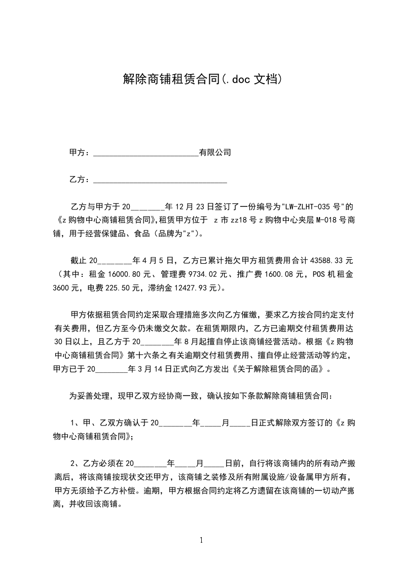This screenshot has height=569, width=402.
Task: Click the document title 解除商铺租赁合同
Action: (171, 79)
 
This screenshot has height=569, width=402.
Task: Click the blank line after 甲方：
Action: (147, 152)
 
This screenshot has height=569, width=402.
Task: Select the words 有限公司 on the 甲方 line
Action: (215, 152)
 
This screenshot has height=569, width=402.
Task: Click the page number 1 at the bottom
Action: (202, 540)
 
